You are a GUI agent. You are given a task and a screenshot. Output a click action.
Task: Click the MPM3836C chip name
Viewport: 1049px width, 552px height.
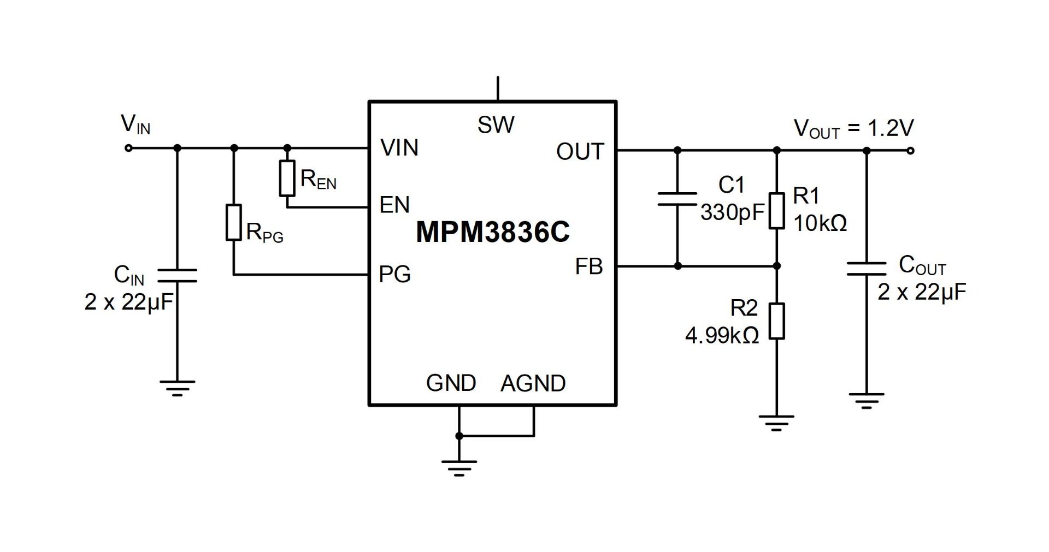[x=493, y=232]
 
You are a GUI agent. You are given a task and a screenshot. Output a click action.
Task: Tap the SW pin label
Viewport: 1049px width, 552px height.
[x=496, y=125]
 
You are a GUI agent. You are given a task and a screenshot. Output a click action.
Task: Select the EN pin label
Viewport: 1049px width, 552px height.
[x=394, y=205]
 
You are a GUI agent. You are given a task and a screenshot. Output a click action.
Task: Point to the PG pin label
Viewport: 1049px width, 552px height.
[x=394, y=274]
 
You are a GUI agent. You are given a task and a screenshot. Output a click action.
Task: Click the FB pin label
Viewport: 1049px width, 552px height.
[x=589, y=266]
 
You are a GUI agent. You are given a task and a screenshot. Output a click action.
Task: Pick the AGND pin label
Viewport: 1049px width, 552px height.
[x=533, y=383]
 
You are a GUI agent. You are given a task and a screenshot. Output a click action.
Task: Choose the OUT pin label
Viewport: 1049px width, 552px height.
[x=580, y=152]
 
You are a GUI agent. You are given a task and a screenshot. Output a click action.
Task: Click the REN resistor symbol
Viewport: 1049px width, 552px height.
[x=287, y=178]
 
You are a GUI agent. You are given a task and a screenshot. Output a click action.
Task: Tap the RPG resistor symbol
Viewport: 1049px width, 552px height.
[x=234, y=222]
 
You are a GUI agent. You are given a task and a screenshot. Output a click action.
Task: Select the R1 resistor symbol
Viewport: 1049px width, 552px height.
[x=777, y=210]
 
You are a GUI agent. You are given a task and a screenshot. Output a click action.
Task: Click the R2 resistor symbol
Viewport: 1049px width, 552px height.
[x=777, y=321]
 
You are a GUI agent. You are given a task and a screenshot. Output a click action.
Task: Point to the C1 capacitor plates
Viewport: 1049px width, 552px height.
[x=677, y=199]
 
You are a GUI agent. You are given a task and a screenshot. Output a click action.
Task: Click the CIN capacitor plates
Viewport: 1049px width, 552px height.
[x=177, y=276]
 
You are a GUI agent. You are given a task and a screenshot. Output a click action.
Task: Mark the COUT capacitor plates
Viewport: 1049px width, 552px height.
[x=867, y=268]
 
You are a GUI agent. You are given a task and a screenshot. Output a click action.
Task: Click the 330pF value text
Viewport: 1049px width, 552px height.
[x=732, y=212]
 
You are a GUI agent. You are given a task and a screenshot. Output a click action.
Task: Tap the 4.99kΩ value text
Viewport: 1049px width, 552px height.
[x=722, y=336]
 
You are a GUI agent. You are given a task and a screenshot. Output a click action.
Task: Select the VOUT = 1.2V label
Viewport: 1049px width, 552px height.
[x=853, y=129]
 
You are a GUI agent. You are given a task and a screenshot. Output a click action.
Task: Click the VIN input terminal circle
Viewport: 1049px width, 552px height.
[x=129, y=148]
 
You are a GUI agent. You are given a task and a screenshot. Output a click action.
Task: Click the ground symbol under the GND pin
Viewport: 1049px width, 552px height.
[x=459, y=468]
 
